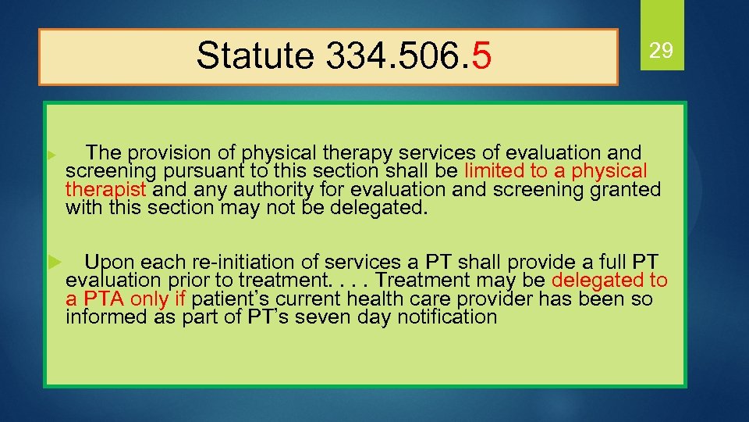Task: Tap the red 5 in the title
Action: (481, 55)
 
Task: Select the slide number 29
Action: (662, 52)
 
